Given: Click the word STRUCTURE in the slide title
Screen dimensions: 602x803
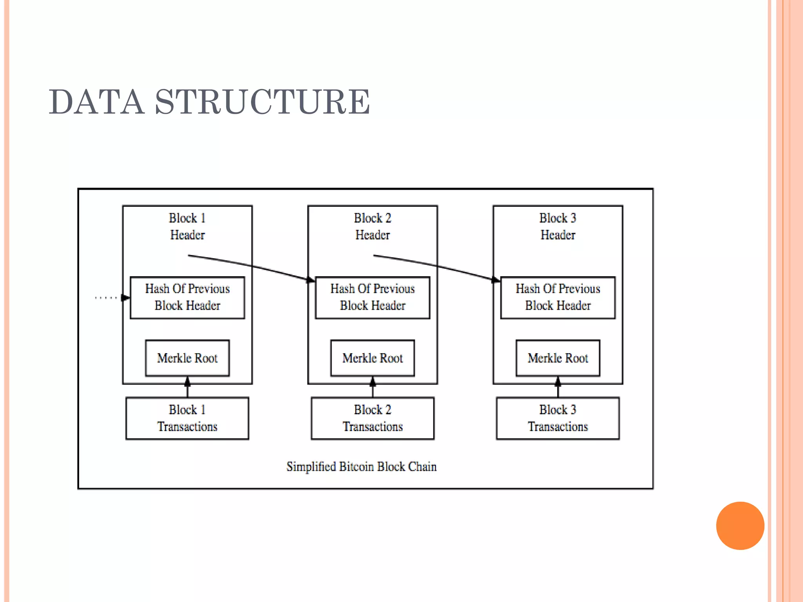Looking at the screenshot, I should pos(263,102).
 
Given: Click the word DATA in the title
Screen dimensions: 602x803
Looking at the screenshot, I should pos(96,102).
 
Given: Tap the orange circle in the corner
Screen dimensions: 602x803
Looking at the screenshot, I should pos(740,526).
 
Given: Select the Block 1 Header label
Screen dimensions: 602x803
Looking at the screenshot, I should pos(187,227).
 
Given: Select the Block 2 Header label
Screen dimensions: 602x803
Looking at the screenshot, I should pos(372,227).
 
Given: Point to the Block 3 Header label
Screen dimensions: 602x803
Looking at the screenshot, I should pos(558,227).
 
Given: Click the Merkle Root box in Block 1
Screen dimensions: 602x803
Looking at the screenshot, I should pos(187,358).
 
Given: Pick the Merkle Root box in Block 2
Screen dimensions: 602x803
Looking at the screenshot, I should pos(372,358).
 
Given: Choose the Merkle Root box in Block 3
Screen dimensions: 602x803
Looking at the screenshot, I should pos(558,358).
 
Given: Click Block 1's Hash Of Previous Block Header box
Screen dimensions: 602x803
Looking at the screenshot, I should pos(187,297).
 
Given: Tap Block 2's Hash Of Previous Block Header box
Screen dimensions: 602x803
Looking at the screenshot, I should pos(372,297).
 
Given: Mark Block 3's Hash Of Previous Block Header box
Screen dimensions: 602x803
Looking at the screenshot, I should pos(558,297).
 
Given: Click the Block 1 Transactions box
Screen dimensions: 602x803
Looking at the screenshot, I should pos(187,418).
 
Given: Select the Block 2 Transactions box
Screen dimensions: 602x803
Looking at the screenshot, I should pos(372,418).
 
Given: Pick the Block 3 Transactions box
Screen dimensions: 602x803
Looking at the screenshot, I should pos(558,418).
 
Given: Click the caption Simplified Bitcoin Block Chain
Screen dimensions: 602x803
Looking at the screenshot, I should pos(362,467).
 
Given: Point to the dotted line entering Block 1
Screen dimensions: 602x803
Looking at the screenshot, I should pos(106,298).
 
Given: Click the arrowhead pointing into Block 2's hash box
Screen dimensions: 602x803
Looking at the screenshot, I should pos(311,280).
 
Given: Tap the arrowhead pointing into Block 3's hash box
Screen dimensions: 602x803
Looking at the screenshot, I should pos(496,280).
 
